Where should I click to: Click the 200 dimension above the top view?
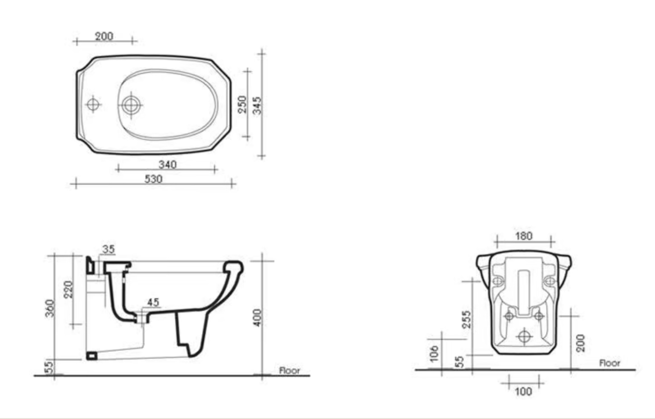(104, 36)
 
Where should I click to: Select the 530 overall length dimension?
(154, 179)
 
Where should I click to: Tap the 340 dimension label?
(168, 164)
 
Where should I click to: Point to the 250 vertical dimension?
(242, 105)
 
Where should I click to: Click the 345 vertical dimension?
(257, 105)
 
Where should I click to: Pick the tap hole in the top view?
(93, 105)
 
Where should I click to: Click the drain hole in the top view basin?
(131, 105)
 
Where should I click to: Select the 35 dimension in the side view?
(109, 249)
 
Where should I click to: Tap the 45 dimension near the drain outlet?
(153, 302)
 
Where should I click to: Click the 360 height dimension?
(50, 308)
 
